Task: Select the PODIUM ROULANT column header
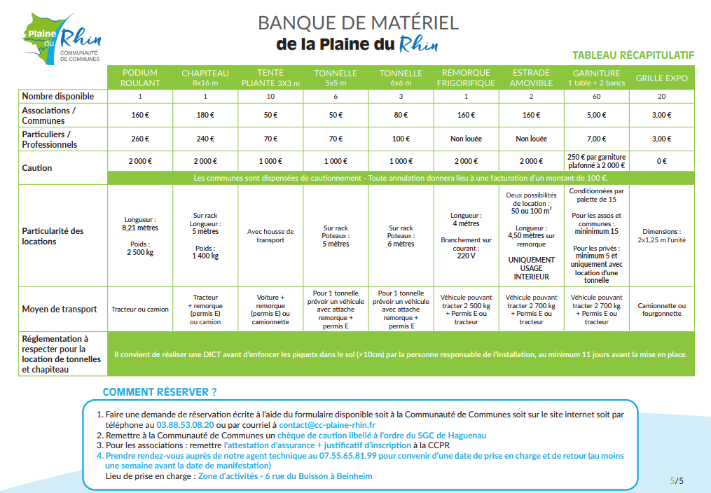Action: [140, 78]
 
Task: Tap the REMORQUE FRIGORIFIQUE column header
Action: [466, 78]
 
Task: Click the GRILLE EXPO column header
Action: [661, 78]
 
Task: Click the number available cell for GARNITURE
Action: [596, 97]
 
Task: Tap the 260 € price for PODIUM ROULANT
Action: [140, 139]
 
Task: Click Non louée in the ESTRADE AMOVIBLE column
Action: [531, 139]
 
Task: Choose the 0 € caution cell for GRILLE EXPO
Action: [661, 161]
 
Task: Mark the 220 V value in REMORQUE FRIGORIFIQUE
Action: [466, 256]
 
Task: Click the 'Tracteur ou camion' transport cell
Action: [140, 309]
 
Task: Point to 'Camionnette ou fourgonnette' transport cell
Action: [661, 310]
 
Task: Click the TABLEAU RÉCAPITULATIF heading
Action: [633, 55]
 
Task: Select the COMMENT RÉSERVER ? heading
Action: [160, 391]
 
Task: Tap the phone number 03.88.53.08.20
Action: [185, 425]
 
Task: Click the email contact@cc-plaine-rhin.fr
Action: [326, 425]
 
